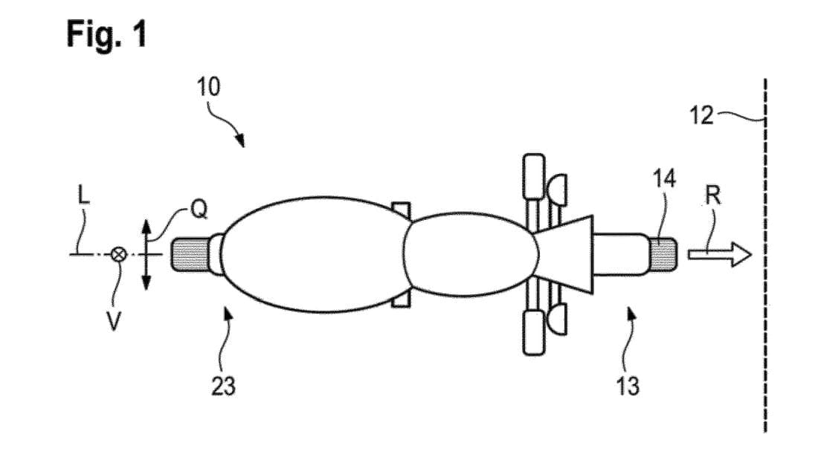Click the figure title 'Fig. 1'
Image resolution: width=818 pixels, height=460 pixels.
coord(107,34)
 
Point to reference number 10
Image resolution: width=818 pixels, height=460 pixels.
coord(208,87)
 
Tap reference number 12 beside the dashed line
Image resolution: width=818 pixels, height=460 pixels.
coord(701,115)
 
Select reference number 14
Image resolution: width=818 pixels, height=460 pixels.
coord(665,179)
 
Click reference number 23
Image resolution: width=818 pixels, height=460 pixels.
coord(223,386)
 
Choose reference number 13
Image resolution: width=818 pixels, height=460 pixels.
coord(628,386)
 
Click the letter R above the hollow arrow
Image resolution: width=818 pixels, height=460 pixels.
coord(713,196)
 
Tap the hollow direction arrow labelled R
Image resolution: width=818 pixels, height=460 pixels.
coord(720,254)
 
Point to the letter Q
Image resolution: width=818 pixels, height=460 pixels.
coord(199,210)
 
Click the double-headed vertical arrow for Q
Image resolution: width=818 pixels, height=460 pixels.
coord(146,254)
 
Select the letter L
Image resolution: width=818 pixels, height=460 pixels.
coord(83,195)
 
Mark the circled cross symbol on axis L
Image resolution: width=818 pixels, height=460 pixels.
coord(119,254)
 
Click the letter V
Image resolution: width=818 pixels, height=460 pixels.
coord(114,322)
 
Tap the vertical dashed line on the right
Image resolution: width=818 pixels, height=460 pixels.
coord(765,256)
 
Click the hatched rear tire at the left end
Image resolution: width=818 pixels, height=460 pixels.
coord(190,254)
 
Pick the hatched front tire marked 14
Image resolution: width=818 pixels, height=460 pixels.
coord(663,254)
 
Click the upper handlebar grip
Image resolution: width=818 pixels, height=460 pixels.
coord(534,177)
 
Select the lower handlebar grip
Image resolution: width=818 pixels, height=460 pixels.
coord(534,332)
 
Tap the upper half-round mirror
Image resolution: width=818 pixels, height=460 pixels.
coord(557,190)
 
